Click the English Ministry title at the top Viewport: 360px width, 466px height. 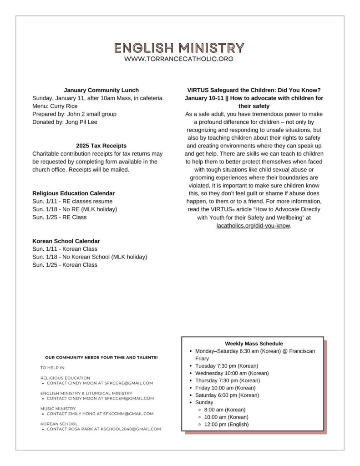[x=179, y=48]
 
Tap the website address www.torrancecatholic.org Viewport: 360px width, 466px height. [x=179, y=59]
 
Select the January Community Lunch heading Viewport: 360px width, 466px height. [x=101, y=90]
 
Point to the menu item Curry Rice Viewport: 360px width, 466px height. [x=64, y=106]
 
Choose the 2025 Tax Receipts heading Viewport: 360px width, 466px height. [x=101, y=146]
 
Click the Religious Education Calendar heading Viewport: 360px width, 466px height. [x=73, y=193]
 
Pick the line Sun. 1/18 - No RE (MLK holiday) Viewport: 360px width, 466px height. [x=75, y=209]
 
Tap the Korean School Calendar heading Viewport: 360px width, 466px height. [x=66, y=241]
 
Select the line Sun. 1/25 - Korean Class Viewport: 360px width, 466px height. [x=65, y=265]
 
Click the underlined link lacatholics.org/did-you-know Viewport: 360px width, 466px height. [x=253, y=226]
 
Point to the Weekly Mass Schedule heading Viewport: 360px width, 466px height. [x=254, y=344]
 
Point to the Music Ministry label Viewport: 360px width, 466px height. [x=58, y=409]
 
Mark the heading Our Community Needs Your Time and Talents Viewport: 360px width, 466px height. [x=101, y=358]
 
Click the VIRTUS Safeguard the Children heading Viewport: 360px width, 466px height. [x=254, y=90]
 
